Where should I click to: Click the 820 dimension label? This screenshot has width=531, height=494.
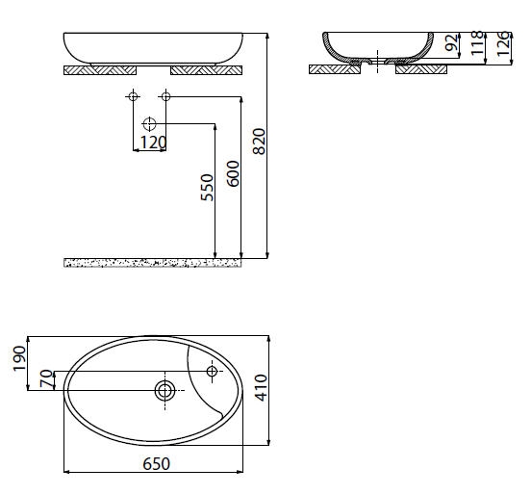coord(260,142)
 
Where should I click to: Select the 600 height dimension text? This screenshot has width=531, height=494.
coord(233,173)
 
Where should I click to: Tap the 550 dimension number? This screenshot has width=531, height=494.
coord(207,188)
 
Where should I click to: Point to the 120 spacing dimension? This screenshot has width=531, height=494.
coord(153,143)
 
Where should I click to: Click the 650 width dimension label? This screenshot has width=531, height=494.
coord(156,463)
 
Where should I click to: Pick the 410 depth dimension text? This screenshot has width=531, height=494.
coord(261,387)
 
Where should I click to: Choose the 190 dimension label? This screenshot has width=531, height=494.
coord(19,358)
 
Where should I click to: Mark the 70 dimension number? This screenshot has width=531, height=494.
coord(47,378)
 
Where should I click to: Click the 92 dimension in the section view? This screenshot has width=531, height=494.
coord(451,42)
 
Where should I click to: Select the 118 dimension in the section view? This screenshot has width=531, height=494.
coord(477,43)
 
